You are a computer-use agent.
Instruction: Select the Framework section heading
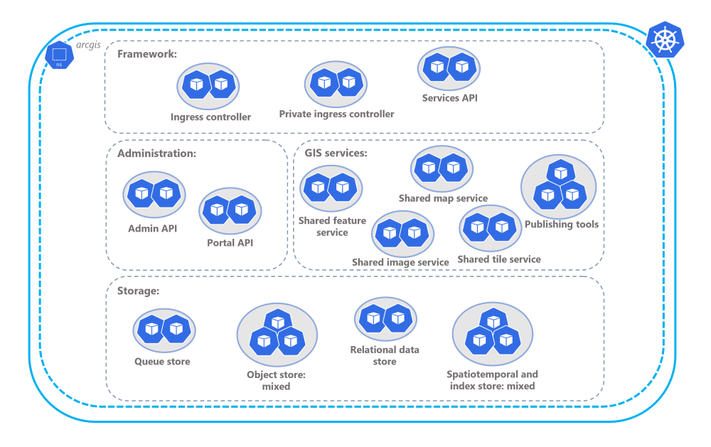tap(147, 54)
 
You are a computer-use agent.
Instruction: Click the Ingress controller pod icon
tap(208, 85)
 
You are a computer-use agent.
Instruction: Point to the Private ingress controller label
tap(336, 114)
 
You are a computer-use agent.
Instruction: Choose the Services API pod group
tap(449, 68)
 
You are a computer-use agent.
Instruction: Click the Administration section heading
tap(156, 154)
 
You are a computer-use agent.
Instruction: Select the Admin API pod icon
tap(154, 193)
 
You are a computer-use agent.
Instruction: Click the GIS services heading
tap(336, 154)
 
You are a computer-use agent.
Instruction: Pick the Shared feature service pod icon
tap(331, 188)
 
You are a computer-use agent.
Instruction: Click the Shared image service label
tap(400, 262)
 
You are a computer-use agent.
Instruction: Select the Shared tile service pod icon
tap(490, 227)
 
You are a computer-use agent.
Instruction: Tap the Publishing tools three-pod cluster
tap(559, 187)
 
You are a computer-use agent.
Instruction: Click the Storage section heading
tap(138, 290)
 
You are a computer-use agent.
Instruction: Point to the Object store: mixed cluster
tap(276, 335)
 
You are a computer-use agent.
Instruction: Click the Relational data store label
tap(385, 355)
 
